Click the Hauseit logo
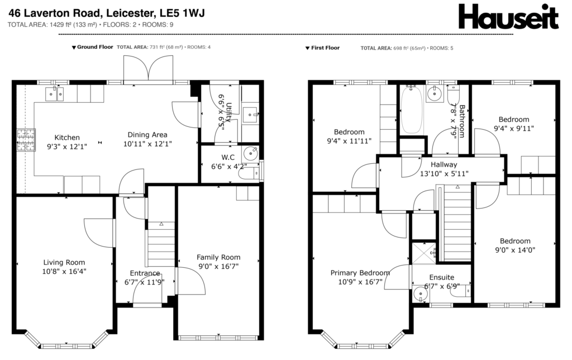[508, 16]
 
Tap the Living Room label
[64, 262]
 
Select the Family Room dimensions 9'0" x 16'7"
[218, 267]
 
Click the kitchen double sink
[54, 94]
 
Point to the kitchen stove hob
[26, 140]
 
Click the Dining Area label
[147, 135]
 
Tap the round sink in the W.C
[251, 153]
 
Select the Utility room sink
[251, 115]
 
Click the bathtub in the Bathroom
[412, 110]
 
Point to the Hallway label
[444, 165]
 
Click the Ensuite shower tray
[424, 253]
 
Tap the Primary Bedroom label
[360, 273]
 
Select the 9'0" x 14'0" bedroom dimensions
[515, 250]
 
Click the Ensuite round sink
[420, 294]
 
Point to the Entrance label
[145, 273]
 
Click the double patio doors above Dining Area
[148, 69]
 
